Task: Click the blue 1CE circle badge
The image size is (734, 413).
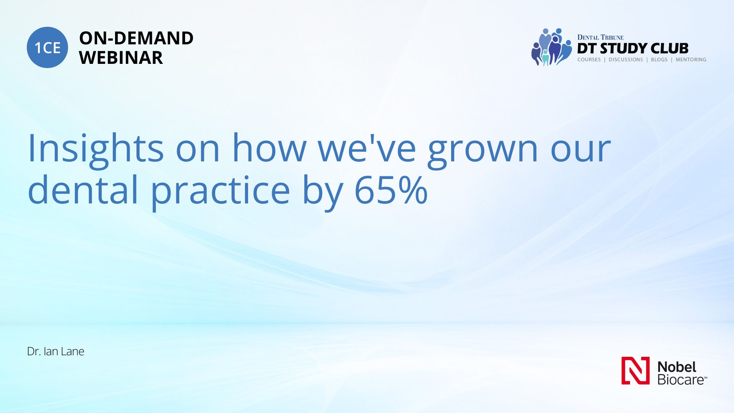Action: pyautogui.click(x=47, y=47)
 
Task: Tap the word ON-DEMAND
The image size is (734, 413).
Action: pyautogui.click(x=136, y=38)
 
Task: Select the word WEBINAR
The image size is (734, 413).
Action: pyautogui.click(x=121, y=58)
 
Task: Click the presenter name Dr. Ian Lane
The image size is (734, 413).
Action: pyautogui.click(x=55, y=351)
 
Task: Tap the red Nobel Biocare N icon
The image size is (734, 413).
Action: pyautogui.click(x=635, y=371)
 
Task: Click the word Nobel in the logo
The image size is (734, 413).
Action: pyautogui.click(x=677, y=367)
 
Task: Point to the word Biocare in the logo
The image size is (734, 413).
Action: pyautogui.click(x=682, y=380)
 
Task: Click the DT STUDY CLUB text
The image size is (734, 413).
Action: pyautogui.click(x=633, y=49)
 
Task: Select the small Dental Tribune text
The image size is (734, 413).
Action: pyautogui.click(x=600, y=37)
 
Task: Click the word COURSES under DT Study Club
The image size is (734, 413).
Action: pyautogui.click(x=589, y=60)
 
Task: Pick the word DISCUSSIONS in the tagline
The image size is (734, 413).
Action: pyautogui.click(x=626, y=60)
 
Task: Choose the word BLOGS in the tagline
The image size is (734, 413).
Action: pyautogui.click(x=659, y=60)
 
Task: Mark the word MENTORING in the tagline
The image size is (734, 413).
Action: pyautogui.click(x=691, y=60)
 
